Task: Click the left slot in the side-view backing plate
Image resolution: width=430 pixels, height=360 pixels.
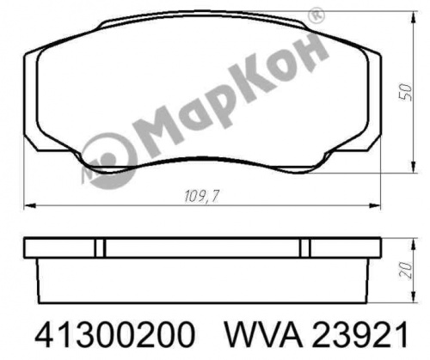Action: coord(100,247)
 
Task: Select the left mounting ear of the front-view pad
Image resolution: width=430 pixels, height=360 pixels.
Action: coord(31,103)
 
